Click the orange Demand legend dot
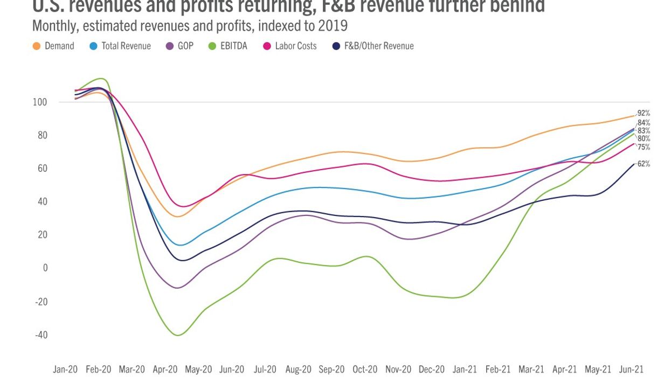coord(37,46)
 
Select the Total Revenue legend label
coord(126,46)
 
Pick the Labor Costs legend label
coord(295,46)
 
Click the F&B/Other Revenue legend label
coord(379,46)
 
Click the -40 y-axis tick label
coord(41,335)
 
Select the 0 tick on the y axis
coord(45,268)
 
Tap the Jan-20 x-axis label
coord(65,370)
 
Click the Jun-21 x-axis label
coord(631,370)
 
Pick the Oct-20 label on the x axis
coord(365,370)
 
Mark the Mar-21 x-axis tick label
coord(531,370)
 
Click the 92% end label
coord(644,113)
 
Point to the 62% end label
coord(644,164)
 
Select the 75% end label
coord(644,147)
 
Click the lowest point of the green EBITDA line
coord(178,335)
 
